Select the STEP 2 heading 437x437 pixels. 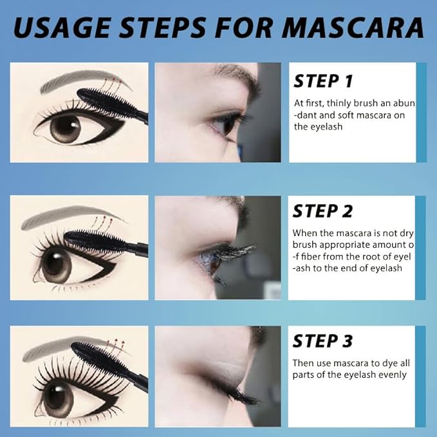pyautogui.click(x=323, y=211)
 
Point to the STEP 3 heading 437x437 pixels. pyautogui.click(x=323, y=340)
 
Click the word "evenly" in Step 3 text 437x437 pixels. pyautogui.click(x=391, y=375)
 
